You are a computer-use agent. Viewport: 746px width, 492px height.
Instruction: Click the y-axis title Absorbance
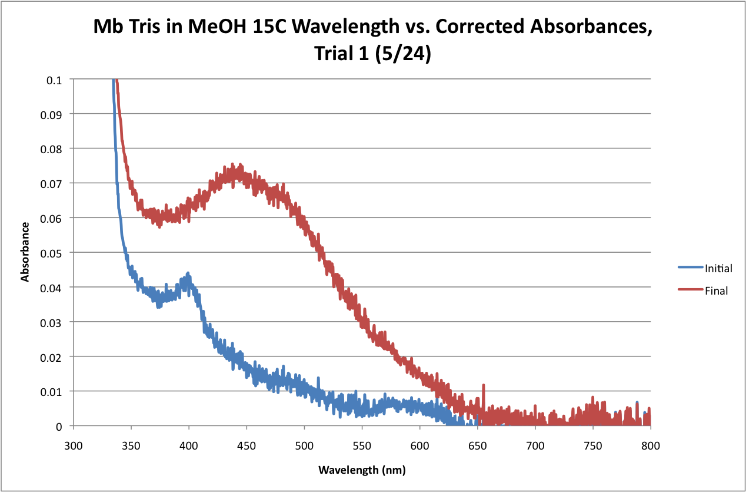click(25, 252)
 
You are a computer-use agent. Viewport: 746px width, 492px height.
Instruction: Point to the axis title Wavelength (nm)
click(362, 470)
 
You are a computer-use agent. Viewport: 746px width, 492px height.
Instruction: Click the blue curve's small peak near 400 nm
click(188, 273)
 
